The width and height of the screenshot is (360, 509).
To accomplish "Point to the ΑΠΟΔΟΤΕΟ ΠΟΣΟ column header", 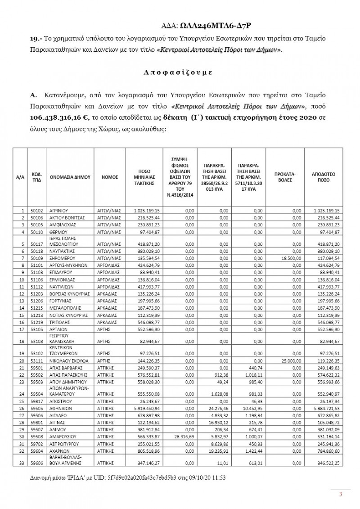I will pos(324,177).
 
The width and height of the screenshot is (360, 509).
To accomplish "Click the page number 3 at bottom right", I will pos(341,495).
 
